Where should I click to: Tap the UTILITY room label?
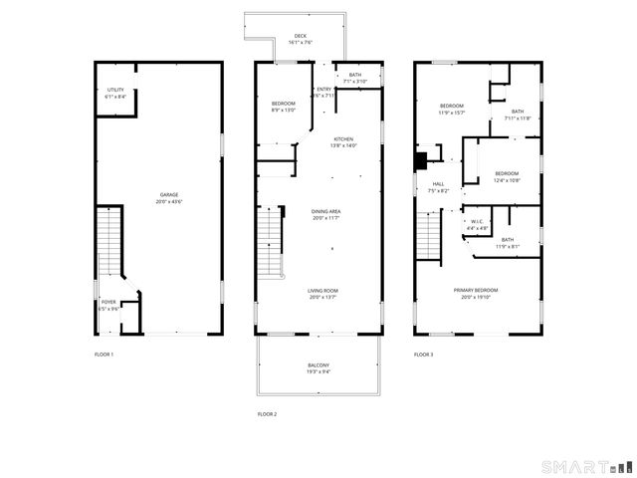[115, 94]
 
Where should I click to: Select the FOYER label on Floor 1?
[107, 305]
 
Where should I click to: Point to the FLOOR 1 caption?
[104, 355]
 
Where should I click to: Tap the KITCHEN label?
[343, 142]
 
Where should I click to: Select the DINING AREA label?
[327, 214]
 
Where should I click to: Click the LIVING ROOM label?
[325, 294]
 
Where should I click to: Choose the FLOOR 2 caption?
[267, 413]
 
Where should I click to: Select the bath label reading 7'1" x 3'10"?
[354, 78]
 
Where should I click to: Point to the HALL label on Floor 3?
[438, 187]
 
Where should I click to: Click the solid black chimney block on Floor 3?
[421, 158]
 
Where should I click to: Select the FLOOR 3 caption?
[424, 355]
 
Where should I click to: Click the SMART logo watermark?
[586, 466]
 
